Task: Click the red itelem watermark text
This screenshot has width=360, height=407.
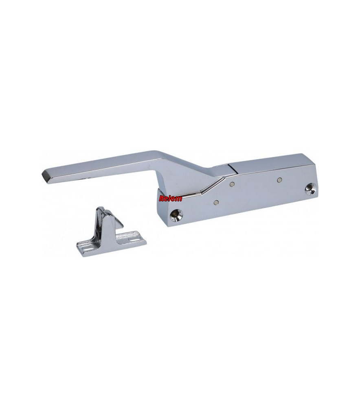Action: point(170,199)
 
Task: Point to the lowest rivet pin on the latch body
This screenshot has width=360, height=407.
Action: point(215,202)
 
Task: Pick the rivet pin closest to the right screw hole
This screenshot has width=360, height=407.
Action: point(279,179)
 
